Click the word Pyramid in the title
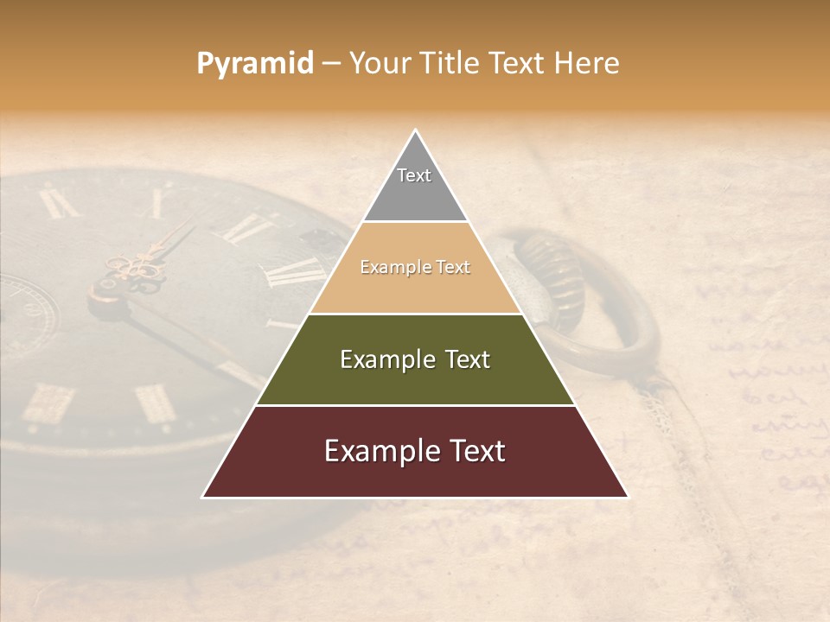[x=254, y=64]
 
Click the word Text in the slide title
[x=519, y=64]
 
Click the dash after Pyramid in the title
[x=330, y=65]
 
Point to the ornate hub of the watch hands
[x=130, y=272]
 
